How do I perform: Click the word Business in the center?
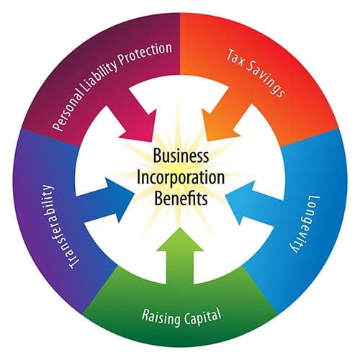click(x=181, y=156)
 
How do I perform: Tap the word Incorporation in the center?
click(x=181, y=178)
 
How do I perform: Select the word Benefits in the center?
click(x=181, y=198)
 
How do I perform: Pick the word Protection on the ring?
click(x=145, y=53)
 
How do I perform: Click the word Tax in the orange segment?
click(x=236, y=58)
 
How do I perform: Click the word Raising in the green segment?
click(x=161, y=317)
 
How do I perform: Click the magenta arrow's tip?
click(x=152, y=141)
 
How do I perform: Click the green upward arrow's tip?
click(x=180, y=228)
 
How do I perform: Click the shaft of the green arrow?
click(x=180, y=268)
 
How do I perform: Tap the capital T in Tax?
click(x=230, y=55)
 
